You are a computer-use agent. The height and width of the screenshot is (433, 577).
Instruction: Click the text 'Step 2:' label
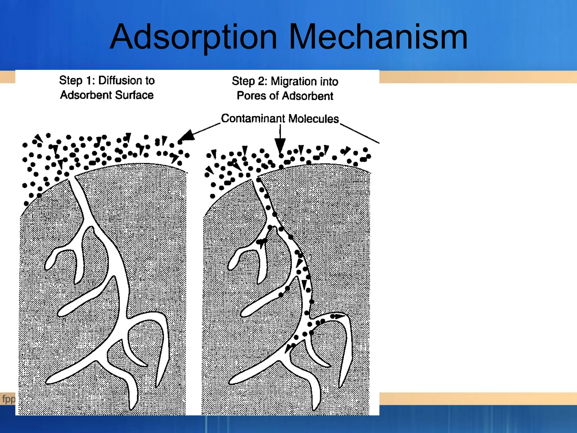pos(249,81)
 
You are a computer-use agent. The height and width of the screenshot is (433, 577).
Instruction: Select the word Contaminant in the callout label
pos(253,118)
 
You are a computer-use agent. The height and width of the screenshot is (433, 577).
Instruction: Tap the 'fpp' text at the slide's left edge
pos(8,399)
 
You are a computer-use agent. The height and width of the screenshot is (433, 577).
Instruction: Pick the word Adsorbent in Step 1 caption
pos(86,95)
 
